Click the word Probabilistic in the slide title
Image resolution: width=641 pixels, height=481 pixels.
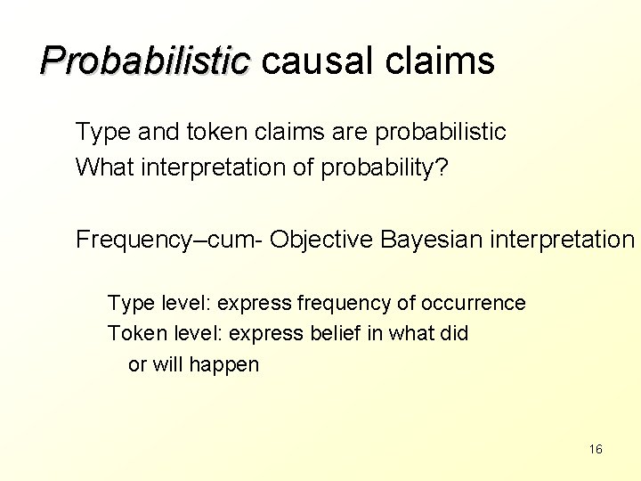tap(146, 61)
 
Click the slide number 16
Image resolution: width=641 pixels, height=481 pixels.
tap(596, 449)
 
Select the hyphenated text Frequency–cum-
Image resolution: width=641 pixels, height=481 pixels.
tap(169, 240)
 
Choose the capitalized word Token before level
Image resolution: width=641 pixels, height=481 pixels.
tap(132, 333)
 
